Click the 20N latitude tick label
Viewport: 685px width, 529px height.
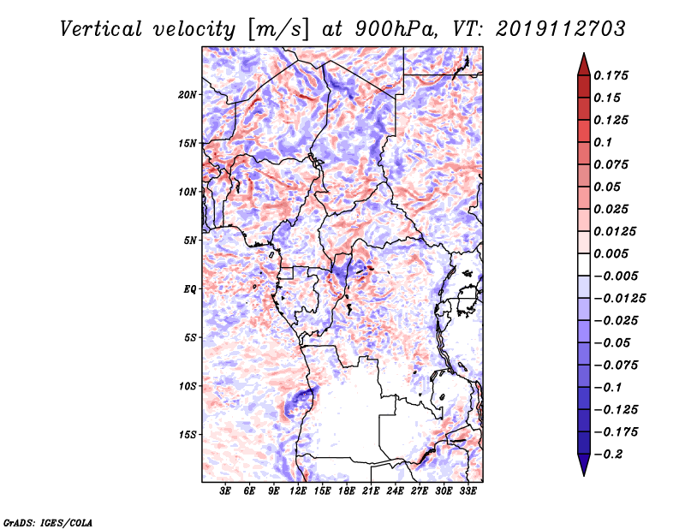coord(187,95)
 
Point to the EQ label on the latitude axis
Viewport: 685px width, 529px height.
coord(189,289)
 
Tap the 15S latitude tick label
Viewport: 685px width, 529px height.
coord(188,435)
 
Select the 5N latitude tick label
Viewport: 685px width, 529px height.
coord(189,241)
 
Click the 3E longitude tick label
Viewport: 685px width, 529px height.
coord(225,491)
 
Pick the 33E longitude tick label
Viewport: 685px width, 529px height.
coord(468,491)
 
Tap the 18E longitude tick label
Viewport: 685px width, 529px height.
coord(347,491)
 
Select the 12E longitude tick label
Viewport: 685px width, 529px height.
coord(298,491)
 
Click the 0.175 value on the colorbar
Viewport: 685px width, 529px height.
coord(611,75)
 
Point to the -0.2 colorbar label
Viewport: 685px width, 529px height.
coord(609,455)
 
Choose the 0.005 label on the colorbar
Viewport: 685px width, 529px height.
coord(611,253)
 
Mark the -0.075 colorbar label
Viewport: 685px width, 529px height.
coord(616,366)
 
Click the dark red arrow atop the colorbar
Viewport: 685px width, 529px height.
coord(584,65)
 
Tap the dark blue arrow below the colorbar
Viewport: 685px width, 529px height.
coord(584,465)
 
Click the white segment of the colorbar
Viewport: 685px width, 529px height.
coord(584,264)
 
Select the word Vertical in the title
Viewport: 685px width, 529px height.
coord(101,29)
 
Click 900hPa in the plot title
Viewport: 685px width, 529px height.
coord(396,29)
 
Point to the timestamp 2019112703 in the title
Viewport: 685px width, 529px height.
coord(561,29)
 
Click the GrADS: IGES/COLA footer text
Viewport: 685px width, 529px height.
coord(48,522)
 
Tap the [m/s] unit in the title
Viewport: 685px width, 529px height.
coord(278,29)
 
